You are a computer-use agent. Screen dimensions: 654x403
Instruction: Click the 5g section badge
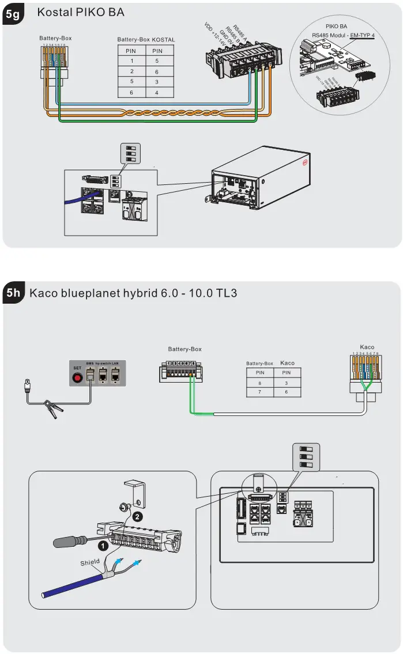click(13, 15)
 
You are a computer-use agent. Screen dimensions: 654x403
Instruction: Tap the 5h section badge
click(13, 293)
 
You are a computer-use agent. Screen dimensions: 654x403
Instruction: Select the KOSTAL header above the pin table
click(163, 40)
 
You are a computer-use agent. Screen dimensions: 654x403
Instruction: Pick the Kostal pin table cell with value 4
click(157, 92)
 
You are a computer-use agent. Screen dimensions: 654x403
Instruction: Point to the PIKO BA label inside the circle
click(336, 26)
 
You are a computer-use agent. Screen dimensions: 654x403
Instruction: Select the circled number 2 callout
click(138, 517)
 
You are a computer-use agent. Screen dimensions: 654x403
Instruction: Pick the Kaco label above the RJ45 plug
click(367, 347)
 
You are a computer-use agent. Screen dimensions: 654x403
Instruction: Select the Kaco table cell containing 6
click(287, 392)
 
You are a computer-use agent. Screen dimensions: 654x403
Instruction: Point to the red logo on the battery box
click(306, 164)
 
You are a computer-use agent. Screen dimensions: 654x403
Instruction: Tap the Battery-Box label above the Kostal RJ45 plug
click(55, 38)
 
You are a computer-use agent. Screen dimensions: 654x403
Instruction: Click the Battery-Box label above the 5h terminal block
click(184, 349)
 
